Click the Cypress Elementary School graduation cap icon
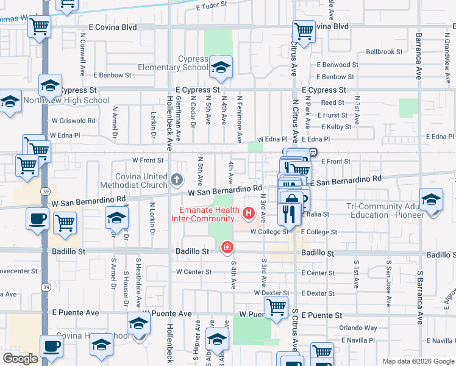(221, 66)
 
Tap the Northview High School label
(67, 101)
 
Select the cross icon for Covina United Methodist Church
(177, 179)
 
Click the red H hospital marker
(249, 213)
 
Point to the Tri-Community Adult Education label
(385, 211)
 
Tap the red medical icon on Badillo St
(227, 247)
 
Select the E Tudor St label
(212, 5)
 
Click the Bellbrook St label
(384, 52)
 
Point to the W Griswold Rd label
(74, 121)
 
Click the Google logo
(21, 359)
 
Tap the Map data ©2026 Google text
(418, 361)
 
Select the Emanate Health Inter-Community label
(206, 214)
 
